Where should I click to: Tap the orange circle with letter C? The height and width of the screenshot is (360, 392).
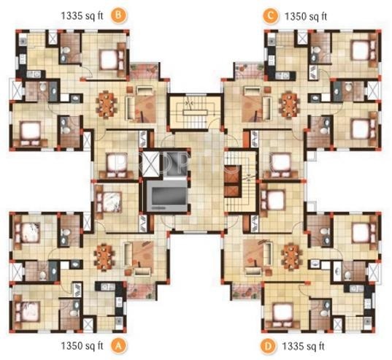[x=271, y=13]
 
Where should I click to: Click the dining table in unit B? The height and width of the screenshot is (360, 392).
[x=107, y=103]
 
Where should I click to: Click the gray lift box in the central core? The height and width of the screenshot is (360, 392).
[x=167, y=196]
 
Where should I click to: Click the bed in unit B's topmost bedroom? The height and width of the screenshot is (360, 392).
[x=109, y=53]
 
